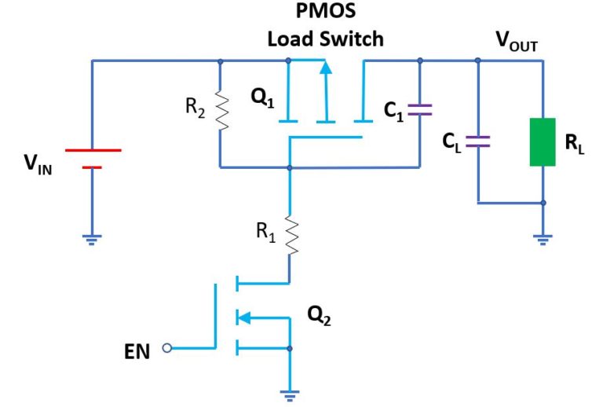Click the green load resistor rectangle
click(x=543, y=141)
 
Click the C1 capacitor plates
click(x=420, y=111)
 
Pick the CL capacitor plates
click(x=477, y=141)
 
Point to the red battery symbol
click(x=93, y=158)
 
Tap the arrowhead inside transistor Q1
click(x=326, y=68)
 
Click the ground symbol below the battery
click(x=93, y=240)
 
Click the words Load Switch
click(x=325, y=38)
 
